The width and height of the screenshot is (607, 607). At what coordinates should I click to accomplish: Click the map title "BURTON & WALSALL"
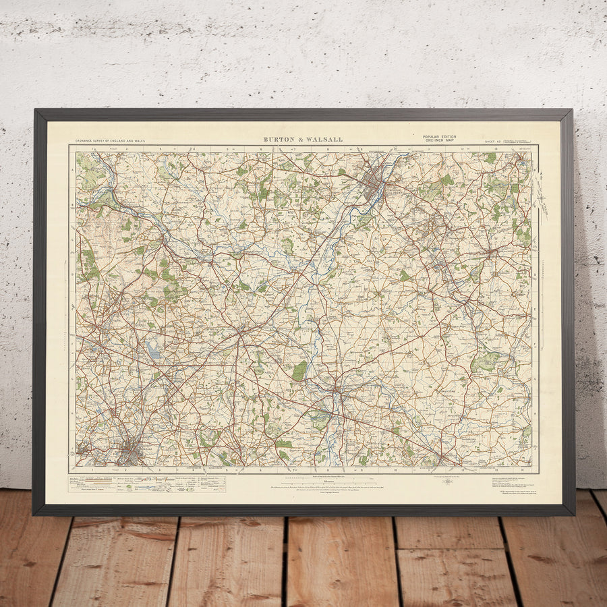tap(303, 140)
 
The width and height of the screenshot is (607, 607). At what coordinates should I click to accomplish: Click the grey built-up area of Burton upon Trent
tap(373, 180)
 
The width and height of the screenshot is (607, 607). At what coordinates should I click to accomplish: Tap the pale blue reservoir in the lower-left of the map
tap(153, 350)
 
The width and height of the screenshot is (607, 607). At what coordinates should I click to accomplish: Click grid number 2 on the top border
tap(126, 148)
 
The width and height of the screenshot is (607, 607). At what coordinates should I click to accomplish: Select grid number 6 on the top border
tap(260, 148)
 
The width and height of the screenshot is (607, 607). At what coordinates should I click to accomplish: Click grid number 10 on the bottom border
tap(395, 469)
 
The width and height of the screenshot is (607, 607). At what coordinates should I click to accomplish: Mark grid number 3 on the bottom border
tap(159, 469)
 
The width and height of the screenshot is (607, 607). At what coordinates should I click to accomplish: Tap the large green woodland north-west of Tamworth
tap(300, 370)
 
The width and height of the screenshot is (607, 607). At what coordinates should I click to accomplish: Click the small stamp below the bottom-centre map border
tap(446, 481)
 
